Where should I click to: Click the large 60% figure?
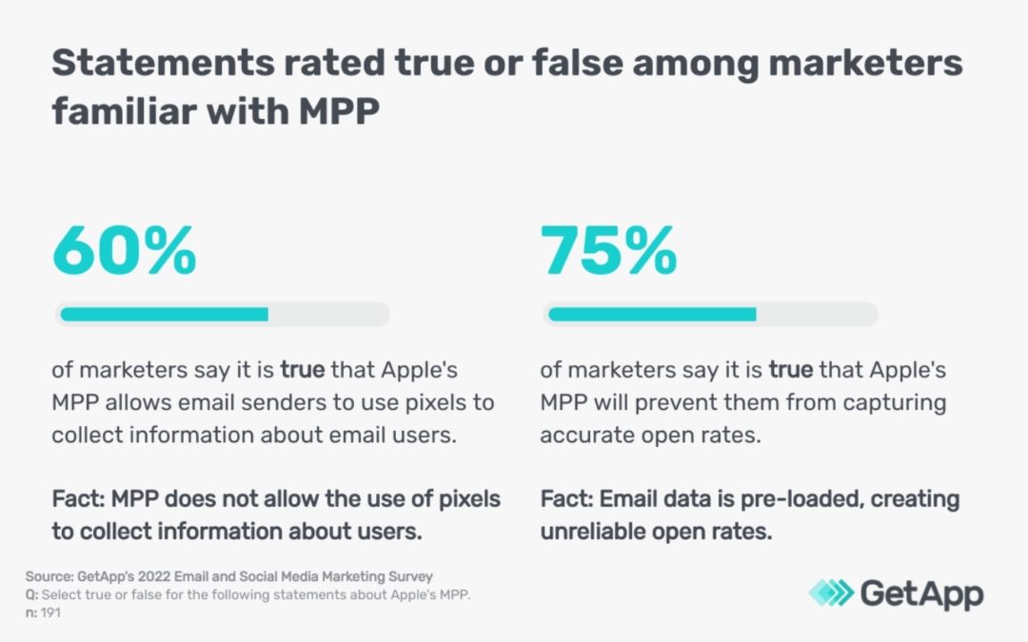(x=125, y=250)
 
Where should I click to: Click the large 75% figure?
(x=609, y=250)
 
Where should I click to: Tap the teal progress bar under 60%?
(x=164, y=314)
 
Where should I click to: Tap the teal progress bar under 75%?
(x=652, y=314)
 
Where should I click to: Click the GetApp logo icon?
(x=830, y=593)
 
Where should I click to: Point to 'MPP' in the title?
(x=340, y=111)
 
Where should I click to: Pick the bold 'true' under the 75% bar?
(x=789, y=369)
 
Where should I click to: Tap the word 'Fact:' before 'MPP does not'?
(x=79, y=499)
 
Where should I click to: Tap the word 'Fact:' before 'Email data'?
(x=568, y=499)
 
